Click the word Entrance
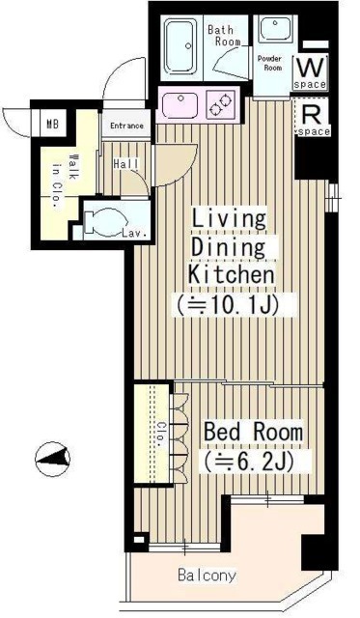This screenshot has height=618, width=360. (x=126, y=126)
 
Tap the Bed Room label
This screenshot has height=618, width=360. (x=252, y=432)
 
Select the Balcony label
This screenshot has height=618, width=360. (x=207, y=576)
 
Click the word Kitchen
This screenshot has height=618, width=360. (x=232, y=276)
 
